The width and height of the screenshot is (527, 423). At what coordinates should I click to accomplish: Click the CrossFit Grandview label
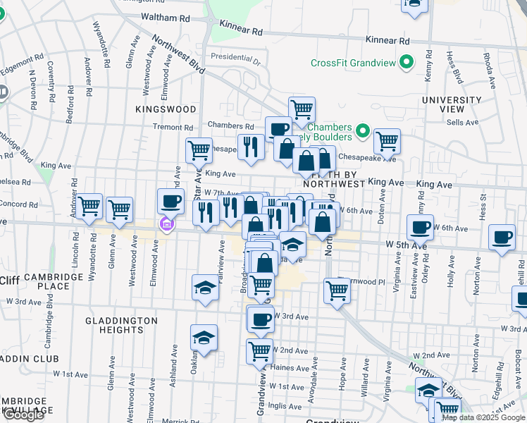[x=354, y=63]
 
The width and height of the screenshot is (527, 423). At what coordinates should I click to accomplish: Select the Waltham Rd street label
[x=166, y=16]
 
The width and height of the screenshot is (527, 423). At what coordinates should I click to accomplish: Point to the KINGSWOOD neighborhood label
[x=166, y=109]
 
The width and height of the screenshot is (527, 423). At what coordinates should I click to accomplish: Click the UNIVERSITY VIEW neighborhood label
[x=452, y=105]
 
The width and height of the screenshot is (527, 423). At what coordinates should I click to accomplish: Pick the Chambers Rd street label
[x=225, y=125]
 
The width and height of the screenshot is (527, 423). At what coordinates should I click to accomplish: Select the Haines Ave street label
[x=289, y=367]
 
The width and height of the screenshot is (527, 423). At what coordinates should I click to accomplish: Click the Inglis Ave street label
[x=285, y=405]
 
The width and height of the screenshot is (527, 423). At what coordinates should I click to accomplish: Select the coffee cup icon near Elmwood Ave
[x=170, y=201]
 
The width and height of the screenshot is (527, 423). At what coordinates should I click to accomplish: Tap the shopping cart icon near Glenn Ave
[x=120, y=209]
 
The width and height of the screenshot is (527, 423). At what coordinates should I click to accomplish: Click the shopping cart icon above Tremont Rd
[x=302, y=109]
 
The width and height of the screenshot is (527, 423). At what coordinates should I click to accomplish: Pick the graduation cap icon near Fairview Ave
[x=205, y=287]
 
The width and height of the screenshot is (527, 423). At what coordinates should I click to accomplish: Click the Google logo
[x=23, y=415]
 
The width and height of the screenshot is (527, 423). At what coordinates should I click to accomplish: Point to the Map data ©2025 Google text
[x=484, y=417]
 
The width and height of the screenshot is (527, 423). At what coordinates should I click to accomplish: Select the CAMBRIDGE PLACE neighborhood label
[x=53, y=282]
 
